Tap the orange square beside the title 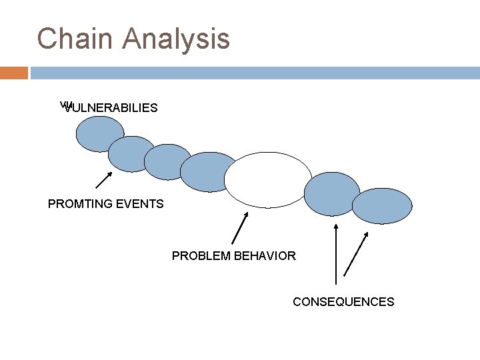click(x=13, y=72)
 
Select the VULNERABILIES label click(x=110, y=107)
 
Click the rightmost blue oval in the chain click(x=382, y=206)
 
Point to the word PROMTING click(x=75, y=204)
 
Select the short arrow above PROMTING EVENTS click(x=102, y=179)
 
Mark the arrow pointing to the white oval click(x=240, y=228)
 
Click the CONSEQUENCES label click(x=343, y=302)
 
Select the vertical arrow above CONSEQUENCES click(x=335, y=255)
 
